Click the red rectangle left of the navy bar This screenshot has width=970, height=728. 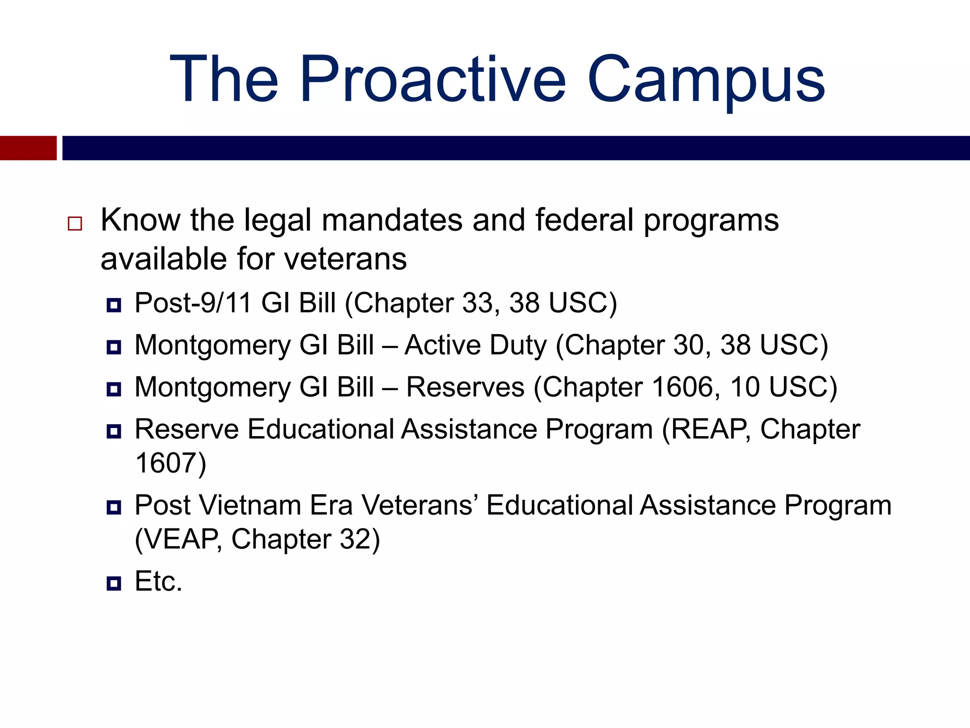point(28,148)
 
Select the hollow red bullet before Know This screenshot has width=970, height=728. point(75,223)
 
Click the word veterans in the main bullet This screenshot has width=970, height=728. point(345,259)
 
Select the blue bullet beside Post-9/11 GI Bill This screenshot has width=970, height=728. point(114,305)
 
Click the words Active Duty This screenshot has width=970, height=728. point(476,345)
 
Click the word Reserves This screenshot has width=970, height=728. point(465,387)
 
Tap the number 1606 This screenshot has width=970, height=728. point(682,387)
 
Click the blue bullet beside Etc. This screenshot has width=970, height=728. point(114,583)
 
